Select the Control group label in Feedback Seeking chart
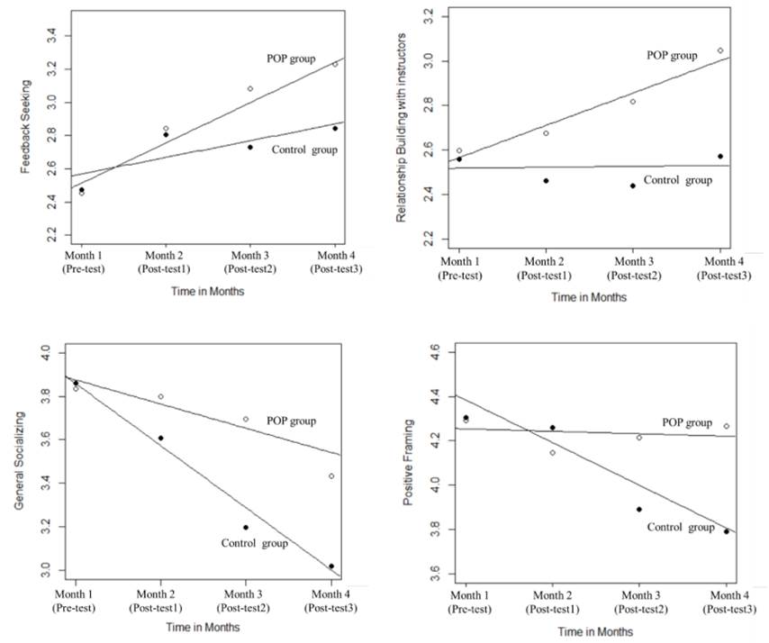(304, 149)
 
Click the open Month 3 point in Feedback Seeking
(250, 88)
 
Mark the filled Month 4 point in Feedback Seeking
(335, 128)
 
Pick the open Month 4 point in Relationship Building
(720, 50)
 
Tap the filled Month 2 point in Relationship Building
(546, 181)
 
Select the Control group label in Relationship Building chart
(678, 180)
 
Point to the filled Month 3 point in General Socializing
(246, 527)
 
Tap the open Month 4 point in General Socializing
(331, 476)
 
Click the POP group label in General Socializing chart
(292, 421)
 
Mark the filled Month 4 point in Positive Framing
(726, 531)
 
